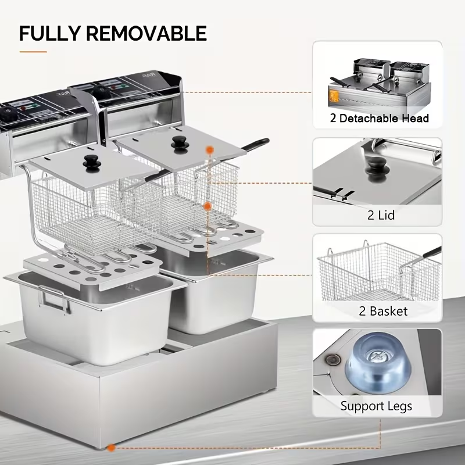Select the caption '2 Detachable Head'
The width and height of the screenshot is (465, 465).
point(380,119)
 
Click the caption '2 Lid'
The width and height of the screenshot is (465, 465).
point(381,215)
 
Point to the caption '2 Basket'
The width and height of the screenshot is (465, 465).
point(380,311)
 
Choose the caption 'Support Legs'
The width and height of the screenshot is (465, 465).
point(376,406)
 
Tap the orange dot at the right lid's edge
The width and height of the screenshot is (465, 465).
point(210,150)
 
